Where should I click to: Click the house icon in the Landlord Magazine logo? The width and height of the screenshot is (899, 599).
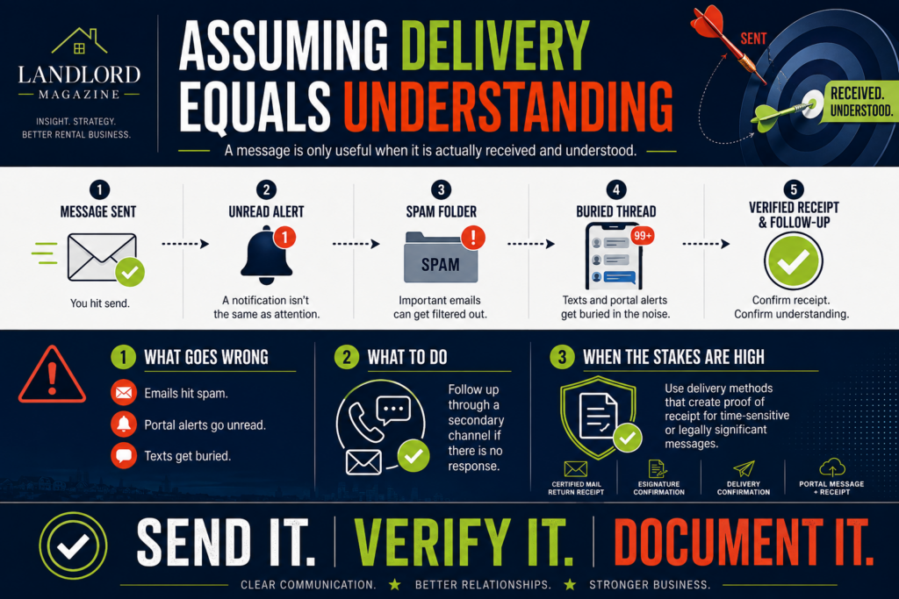tap(79, 41)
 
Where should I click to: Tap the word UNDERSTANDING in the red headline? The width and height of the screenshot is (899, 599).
tap(508, 106)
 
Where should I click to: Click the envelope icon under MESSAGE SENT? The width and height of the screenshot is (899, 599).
tap(102, 257)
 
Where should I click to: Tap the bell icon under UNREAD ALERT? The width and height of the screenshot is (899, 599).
tap(267, 255)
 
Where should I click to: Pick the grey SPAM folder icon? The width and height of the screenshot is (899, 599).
tap(441, 257)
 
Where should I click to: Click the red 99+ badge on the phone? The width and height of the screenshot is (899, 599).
tap(642, 235)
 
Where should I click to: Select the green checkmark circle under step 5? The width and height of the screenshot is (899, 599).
tap(794, 261)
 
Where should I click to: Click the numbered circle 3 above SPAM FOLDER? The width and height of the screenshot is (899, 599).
tap(441, 189)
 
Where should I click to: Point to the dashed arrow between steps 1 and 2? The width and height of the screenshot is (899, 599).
tap(185, 244)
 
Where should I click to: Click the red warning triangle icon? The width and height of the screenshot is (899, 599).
tap(52, 374)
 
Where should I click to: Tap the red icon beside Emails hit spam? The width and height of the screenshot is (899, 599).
tap(124, 393)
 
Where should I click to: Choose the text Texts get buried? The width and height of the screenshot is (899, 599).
tap(188, 456)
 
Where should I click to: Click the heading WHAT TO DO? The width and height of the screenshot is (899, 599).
tap(407, 357)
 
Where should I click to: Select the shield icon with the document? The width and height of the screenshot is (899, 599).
tap(598, 417)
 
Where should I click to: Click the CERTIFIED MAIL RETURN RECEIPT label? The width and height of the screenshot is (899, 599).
tap(576, 488)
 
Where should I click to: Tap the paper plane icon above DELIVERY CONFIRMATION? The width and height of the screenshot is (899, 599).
tap(744, 469)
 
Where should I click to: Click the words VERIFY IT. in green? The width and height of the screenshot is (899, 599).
tap(464, 542)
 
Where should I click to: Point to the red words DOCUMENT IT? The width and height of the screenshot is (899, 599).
tap(744, 542)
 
